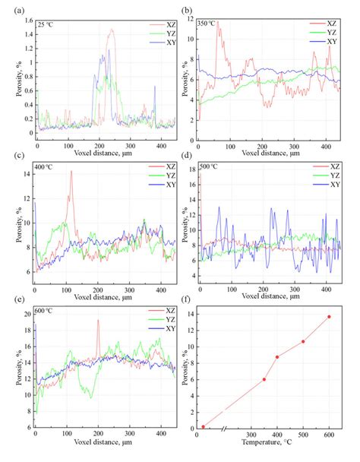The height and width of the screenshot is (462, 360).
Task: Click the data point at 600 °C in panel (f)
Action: point(329,316)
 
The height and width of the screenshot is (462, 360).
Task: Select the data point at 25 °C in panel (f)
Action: point(203,426)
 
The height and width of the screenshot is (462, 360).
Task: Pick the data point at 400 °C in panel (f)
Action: point(277,356)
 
